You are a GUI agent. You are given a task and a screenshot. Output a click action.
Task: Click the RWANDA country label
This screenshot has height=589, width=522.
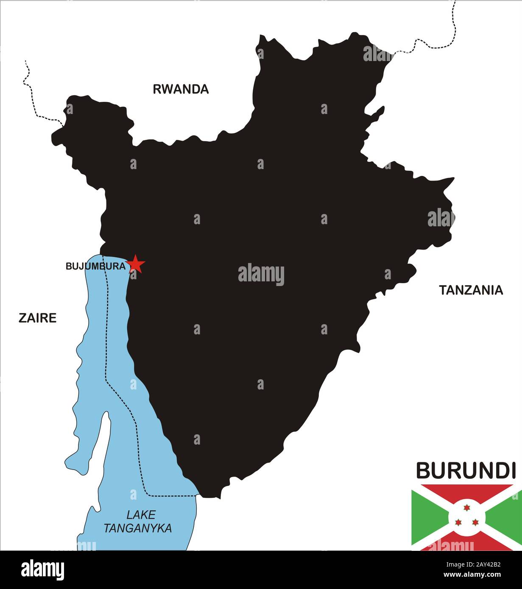tap(181, 89)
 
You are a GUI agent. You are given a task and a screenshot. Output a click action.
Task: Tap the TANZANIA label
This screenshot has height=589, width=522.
tap(471, 290)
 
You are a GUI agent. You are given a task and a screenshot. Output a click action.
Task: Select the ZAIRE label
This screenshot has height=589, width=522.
tap(37, 318)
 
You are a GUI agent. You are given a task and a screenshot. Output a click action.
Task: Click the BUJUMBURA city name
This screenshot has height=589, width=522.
tap(95, 267)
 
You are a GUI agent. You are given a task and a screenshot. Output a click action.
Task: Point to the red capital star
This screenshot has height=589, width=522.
tap(136, 264)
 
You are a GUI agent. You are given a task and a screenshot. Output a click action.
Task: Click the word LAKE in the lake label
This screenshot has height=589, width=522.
tap(141, 515)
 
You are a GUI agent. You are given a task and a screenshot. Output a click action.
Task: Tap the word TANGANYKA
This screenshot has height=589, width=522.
tap(138, 528)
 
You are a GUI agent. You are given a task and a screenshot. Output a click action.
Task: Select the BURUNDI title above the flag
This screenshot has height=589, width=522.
tap(466, 471)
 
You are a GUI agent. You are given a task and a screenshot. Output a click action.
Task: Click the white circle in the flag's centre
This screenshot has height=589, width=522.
tap(466, 517)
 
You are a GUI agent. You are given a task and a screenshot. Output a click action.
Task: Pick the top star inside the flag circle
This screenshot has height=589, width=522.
tap(467, 508)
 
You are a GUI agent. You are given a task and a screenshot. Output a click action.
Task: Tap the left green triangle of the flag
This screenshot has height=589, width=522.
tap(426, 517)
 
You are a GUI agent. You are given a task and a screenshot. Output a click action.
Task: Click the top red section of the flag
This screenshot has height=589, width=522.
tap(466, 492)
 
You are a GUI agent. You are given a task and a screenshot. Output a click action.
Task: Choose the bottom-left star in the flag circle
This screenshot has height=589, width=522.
tap(458, 522)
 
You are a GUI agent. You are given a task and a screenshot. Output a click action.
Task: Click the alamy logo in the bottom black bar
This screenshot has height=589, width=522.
tap(42, 570)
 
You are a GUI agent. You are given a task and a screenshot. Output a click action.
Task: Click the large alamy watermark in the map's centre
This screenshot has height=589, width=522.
tap(261, 275)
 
